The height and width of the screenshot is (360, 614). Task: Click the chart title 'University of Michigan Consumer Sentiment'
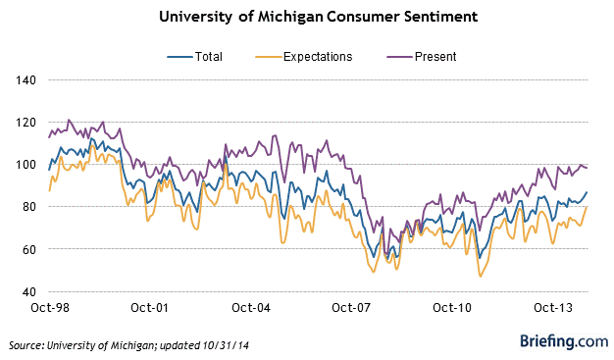(319, 18)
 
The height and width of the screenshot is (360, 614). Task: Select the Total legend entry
(194, 57)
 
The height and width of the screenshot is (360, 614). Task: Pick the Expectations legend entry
(304, 57)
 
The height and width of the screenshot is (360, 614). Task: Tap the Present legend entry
(422, 57)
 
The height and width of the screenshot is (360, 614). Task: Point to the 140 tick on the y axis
(26, 80)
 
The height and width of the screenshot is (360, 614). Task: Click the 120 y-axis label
(26, 123)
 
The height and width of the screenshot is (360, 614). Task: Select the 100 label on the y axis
(26, 165)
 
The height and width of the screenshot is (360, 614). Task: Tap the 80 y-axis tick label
(28, 207)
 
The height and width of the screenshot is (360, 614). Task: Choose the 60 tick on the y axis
(28, 249)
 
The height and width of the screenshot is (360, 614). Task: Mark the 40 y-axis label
(28, 292)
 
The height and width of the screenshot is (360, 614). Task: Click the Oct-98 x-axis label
(50, 308)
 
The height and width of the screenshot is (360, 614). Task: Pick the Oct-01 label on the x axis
(150, 308)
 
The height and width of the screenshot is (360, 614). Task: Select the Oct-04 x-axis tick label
(251, 308)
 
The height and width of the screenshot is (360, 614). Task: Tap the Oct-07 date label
(351, 308)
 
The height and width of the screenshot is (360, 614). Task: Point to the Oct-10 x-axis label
(452, 308)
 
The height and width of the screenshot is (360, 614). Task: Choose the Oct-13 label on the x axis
(553, 308)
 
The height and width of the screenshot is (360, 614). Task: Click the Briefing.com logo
(564, 341)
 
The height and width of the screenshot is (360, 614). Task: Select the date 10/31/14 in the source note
(226, 345)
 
